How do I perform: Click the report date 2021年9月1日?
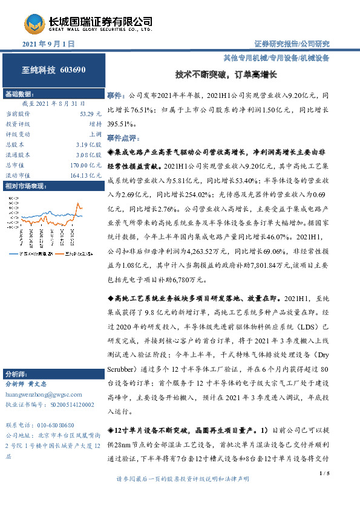click(x=48, y=44)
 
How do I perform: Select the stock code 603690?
click(x=73, y=70)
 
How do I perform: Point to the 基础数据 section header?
click(x=19, y=95)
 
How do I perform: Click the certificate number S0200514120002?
click(x=67, y=404)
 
